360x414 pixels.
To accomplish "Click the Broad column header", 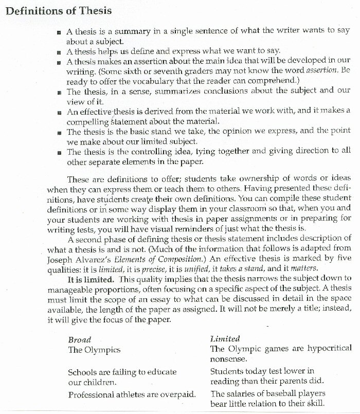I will pyautogui.click(x=80, y=339).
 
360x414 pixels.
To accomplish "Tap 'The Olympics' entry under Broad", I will pyautogui.click(x=94, y=350).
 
